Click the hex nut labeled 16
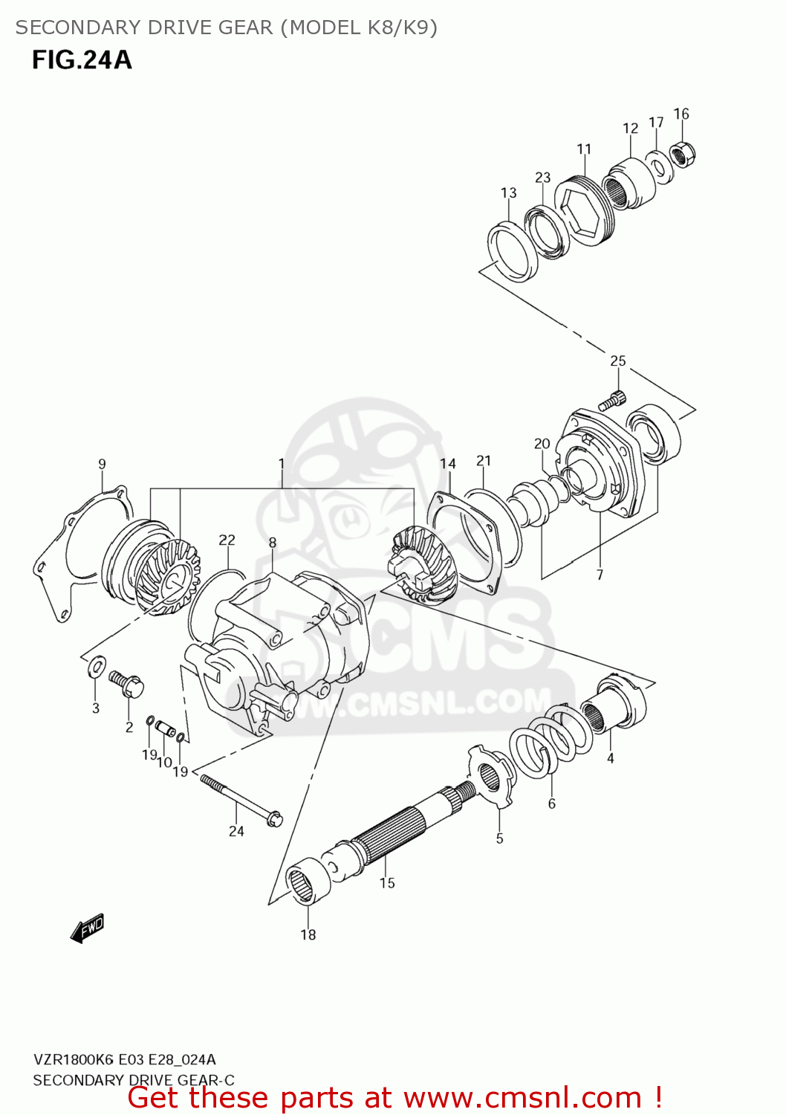(x=683, y=154)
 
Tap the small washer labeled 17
(x=658, y=164)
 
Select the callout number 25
(x=617, y=361)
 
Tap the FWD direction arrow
(x=87, y=928)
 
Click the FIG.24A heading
(x=82, y=59)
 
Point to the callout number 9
(x=102, y=464)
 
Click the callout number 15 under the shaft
(x=387, y=883)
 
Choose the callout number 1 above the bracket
(x=282, y=464)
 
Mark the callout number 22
(x=227, y=540)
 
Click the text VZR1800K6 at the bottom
(x=72, y=1059)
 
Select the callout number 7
(x=600, y=575)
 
